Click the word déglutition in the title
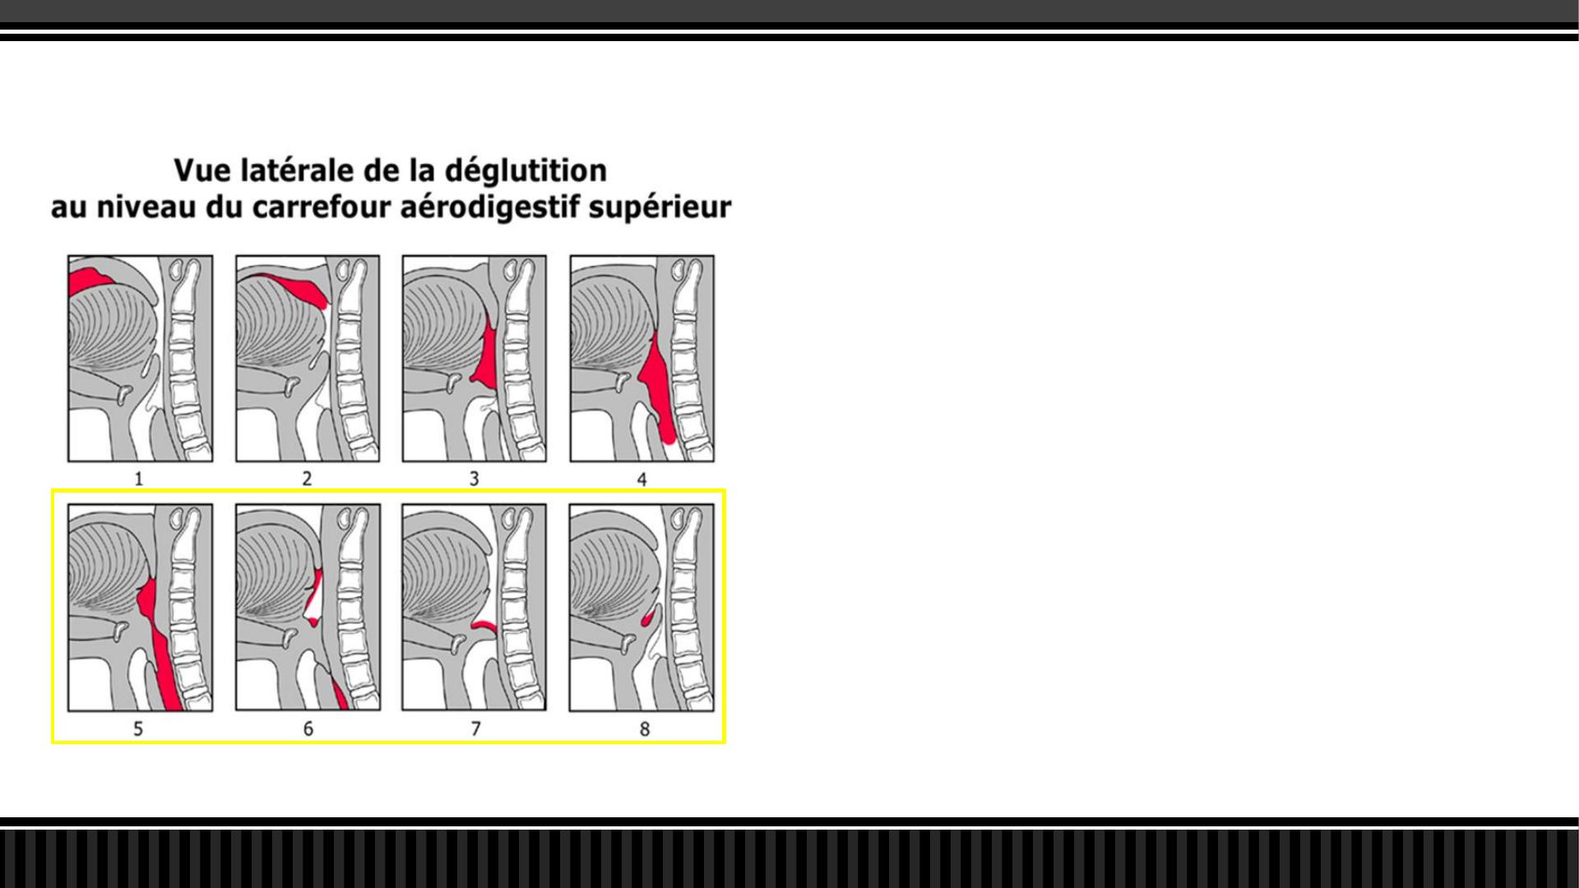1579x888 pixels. (x=526, y=171)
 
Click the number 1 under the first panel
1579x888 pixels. (x=139, y=479)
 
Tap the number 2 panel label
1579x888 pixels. (x=307, y=479)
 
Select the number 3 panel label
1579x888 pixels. (x=474, y=479)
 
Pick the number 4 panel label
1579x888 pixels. (x=641, y=479)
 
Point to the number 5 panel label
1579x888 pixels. (x=138, y=728)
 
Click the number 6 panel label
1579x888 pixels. (x=308, y=728)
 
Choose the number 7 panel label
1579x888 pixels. (x=475, y=728)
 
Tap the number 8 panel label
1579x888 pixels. (x=645, y=728)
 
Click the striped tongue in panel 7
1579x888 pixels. (x=440, y=576)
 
